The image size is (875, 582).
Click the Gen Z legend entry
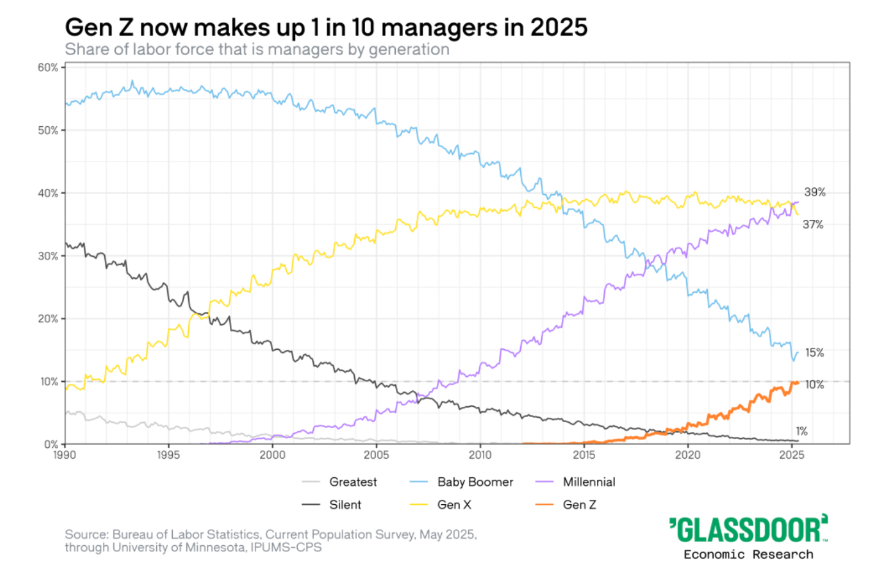pos(579,505)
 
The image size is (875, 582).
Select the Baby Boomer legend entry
pos(475,482)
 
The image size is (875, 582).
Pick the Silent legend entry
pos(345,505)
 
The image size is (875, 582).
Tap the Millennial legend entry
pos(589,482)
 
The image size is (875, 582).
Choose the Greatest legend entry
pos(353,482)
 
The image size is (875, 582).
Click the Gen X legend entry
pos(454,505)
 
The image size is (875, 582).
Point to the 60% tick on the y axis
pos(48,67)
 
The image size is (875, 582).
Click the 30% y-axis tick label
pos(48,256)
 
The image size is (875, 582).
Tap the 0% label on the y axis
pos(51,444)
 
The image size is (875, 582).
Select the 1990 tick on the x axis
pos(65,455)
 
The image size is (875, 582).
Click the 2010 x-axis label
pos(480,455)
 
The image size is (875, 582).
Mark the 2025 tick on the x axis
pos(792,455)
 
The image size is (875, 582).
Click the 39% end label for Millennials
pos(815,192)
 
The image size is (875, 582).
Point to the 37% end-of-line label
pos(813,225)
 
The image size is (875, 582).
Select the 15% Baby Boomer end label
pos(814,353)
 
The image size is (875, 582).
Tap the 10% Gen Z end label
pos(814,385)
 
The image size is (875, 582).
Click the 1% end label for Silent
pos(801,431)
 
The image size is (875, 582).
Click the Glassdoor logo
pos(748,530)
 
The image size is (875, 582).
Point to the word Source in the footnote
pos(86,534)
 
